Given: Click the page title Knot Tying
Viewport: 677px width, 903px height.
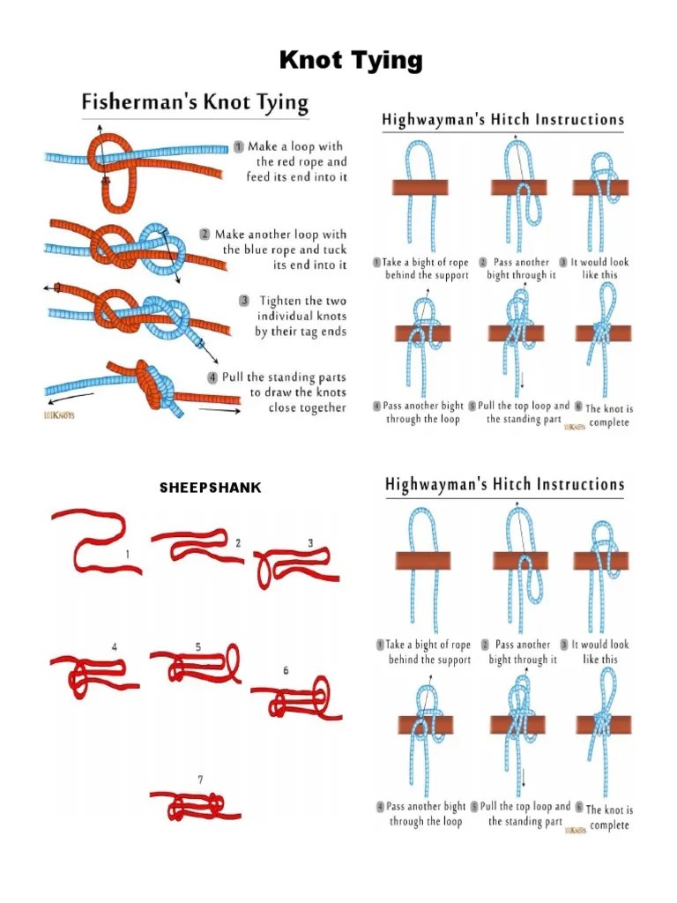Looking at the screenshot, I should click(x=351, y=61).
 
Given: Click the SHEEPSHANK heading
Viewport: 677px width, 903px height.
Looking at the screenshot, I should click(x=210, y=488).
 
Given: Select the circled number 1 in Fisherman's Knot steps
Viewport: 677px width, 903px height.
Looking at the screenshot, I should click(x=239, y=146).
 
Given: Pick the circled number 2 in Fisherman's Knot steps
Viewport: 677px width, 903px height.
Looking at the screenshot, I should click(x=205, y=235).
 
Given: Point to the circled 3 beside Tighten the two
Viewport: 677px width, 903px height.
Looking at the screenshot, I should click(x=244, y=301).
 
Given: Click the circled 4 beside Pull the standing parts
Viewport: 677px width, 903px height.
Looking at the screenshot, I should click(x=212, y=377).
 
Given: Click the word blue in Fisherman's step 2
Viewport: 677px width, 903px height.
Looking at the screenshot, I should click(x=287, y=250).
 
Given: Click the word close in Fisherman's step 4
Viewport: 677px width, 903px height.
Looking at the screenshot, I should click(x=283, y=407).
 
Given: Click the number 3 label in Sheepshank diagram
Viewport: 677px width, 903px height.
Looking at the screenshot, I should click(x=310, y=542).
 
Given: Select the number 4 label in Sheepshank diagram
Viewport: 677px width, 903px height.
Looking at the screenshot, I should click(x=114, y=646).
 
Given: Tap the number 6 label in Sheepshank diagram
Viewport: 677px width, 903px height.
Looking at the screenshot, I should click(x=286, y=670).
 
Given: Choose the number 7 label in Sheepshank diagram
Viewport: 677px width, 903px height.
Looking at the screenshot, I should click(x=200, y=779).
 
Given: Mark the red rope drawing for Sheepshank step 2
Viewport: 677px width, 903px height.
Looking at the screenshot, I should click(x=195, y=545).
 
